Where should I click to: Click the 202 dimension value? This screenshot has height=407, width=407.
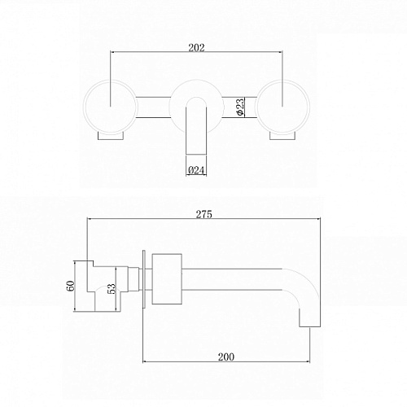196,47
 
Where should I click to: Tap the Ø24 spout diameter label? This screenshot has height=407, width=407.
196,170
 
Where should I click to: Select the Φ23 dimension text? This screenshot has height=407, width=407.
240,107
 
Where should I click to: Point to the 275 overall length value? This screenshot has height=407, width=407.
203,214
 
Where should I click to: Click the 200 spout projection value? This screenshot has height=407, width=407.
226,357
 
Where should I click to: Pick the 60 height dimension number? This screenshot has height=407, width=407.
71,286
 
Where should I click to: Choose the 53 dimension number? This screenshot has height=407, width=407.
112,289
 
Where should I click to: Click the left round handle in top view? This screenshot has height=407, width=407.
111,106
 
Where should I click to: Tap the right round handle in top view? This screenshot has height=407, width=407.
282,106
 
